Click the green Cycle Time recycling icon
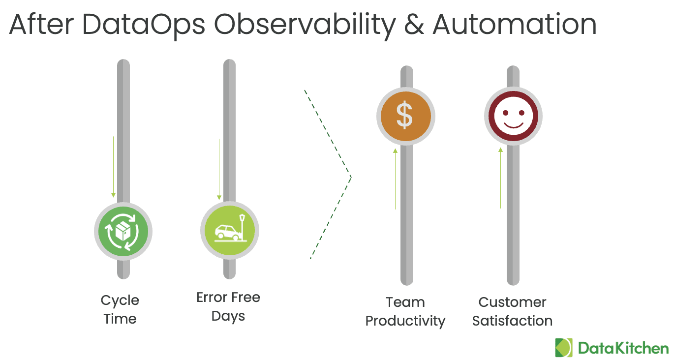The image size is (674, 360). (x=123, y=231)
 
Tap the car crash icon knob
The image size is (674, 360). (x=230, y=230)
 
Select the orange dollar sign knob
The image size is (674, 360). (x=405, y=116)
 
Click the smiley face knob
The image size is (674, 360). (x=513, y=116)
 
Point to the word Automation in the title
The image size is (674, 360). (x=515, y=25)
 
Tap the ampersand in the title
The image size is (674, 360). (x=414, y=25)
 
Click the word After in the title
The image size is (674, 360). (x=41, y=24)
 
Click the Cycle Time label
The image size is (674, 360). (x=120, y=310)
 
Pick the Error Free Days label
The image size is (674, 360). (x=228, y=307)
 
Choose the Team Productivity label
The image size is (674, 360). (x=405, y=312)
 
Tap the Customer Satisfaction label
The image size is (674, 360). (x=512, y=312)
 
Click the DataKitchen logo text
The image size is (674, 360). (x=623, y=348)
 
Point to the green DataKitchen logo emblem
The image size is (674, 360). (x=564, y=348)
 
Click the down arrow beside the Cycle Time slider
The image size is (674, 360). (x=114, y=167)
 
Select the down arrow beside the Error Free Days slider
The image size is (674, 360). (x=219, y=169)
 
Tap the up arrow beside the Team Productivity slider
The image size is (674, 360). (x=396, y=179)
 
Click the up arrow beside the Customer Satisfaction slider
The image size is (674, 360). (x=501, y=178)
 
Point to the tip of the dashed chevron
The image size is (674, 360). (x=351, y=177)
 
